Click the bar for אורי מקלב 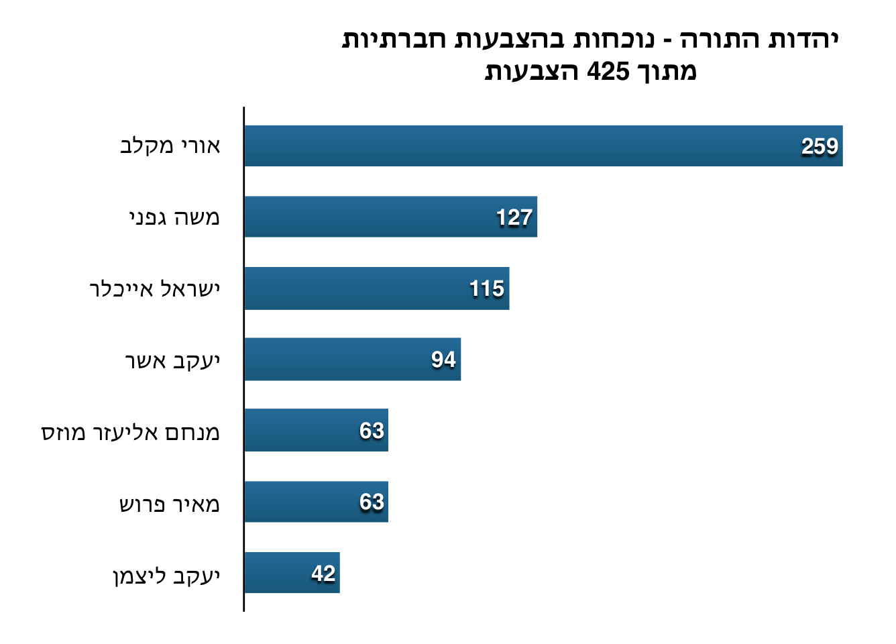[543, 146]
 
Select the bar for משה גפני [390, 217]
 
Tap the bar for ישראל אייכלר [376, 288]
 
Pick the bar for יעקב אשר [352, 360]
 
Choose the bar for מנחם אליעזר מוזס [316, 430]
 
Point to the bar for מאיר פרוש [316, 502]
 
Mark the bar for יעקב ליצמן [292, 573]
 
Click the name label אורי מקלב [170, 146]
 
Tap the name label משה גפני [174, 217]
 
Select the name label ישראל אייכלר [155, 289]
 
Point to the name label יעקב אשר [172, 360]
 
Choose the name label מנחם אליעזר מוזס [131, 432]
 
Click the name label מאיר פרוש [170, 504]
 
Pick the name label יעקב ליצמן [166, 576]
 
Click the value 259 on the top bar [820, 146]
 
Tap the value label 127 [514, 217]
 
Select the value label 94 [443, 360]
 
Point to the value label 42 [323, 574]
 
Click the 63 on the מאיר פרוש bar [372, 502]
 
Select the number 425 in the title [608, 71]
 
